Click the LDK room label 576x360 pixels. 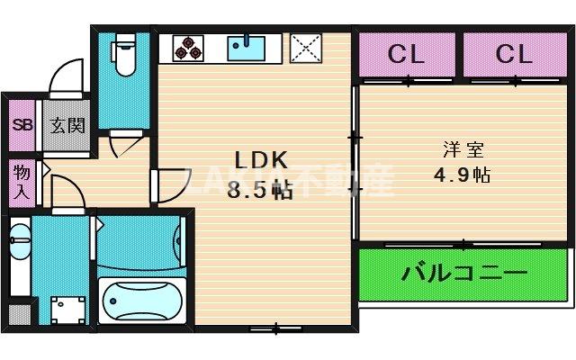click(261, 160)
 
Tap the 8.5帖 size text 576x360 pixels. click(260, 190)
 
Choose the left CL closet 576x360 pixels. click(406, 54)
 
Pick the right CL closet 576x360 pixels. click(514, 54)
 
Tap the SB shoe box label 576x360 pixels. click(22, 125)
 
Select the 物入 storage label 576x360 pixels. click(21, 180)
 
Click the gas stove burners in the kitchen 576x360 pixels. click(186, 49)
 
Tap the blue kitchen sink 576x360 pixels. click(246, 48)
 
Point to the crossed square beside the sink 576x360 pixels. click(307, 49)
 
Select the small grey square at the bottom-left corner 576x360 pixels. click(18, 315)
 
